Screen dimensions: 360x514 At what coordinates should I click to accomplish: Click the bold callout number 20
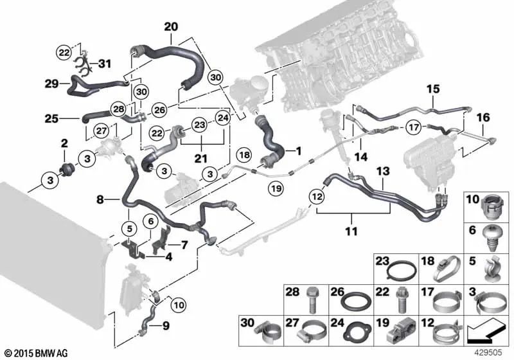click(x=171, y=27)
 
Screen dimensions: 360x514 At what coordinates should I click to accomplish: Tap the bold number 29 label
click(x=52, y=84)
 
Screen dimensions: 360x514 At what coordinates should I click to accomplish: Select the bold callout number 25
click(x=52, y=118)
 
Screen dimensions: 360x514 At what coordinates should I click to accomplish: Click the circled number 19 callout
click(x=276, y=188)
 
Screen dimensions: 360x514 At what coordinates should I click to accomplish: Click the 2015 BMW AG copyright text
click(x=35, y=353)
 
